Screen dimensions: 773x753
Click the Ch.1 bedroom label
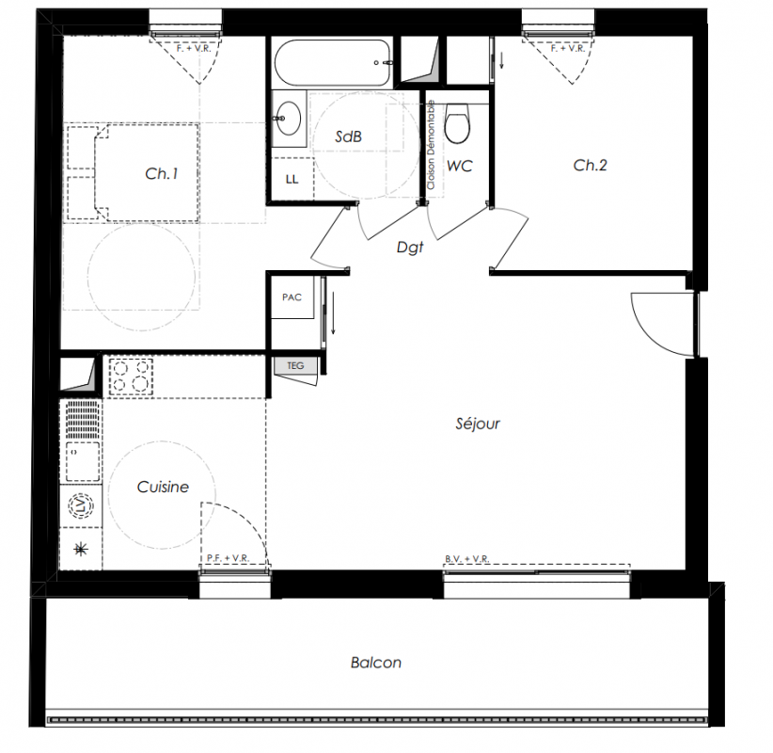162,174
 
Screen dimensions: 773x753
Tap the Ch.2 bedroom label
591,166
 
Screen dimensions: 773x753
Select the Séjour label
478,424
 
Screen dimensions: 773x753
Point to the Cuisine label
163,487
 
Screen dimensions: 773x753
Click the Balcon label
375,663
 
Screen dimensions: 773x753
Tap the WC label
460,166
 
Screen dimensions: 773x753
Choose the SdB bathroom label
349,136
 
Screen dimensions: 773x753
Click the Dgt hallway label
410,248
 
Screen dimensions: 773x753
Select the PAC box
292,297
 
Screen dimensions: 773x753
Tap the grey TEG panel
295,365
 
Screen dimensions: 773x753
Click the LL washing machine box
292,179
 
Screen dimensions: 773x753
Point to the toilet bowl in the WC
457,123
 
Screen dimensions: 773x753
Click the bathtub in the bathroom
332,63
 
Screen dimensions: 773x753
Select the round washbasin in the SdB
288,119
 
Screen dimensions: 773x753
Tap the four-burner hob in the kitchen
131,376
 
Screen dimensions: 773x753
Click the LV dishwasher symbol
81,505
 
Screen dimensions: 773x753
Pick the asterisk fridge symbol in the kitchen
81,549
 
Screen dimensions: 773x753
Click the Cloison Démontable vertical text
432,145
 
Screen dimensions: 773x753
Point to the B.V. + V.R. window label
466,558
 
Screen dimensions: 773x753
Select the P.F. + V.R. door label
228,558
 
